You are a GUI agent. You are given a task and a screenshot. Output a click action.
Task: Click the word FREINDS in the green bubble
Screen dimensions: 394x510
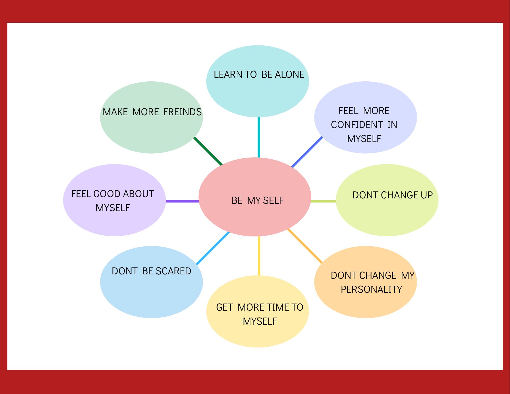[183, 112]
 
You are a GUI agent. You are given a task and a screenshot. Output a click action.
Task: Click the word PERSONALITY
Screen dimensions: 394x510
[371, 289]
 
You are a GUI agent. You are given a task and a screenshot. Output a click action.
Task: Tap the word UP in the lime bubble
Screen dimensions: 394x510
[427, 195]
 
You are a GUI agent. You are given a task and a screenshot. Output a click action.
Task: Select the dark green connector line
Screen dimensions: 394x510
[208, 151]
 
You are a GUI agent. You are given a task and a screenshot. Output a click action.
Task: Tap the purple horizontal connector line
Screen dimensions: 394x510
[182, 201]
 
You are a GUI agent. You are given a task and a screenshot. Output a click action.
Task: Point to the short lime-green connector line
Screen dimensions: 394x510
[323, 201]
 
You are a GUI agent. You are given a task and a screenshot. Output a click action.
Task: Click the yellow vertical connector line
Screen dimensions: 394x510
[259, 256]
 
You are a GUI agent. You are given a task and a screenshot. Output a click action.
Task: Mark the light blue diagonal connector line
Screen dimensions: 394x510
[213, 248]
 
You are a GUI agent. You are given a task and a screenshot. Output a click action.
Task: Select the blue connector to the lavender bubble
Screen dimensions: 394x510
[307, 152]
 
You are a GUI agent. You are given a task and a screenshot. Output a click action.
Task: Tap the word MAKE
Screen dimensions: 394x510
[115, 112]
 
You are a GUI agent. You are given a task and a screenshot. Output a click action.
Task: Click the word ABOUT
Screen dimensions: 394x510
[139, 194]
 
